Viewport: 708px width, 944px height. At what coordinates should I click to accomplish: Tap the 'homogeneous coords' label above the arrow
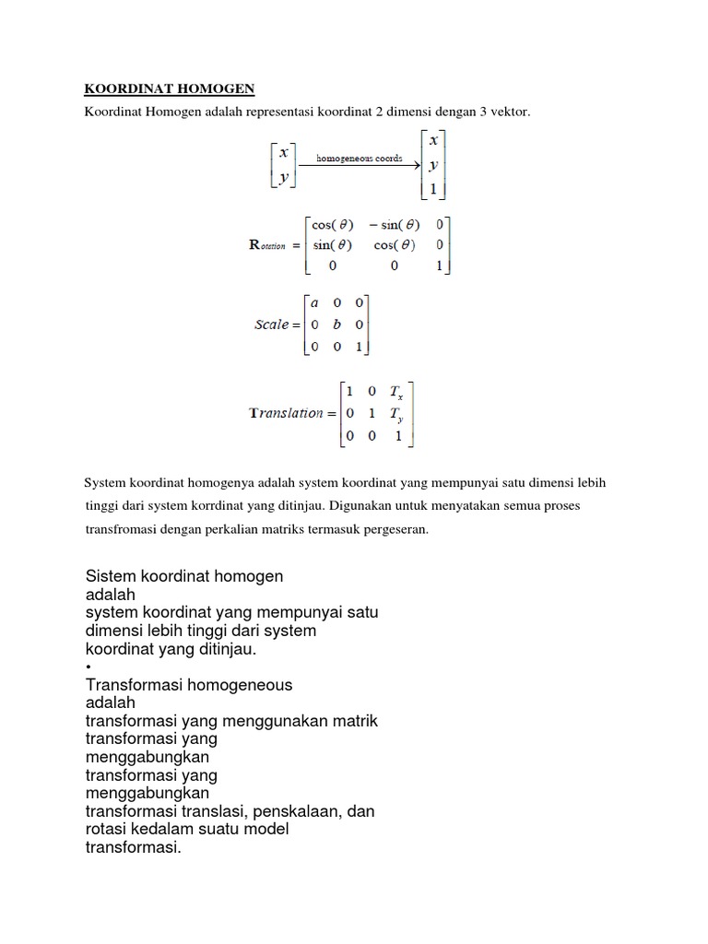(360, 158)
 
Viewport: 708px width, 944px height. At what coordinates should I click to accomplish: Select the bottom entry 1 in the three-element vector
(433, 191)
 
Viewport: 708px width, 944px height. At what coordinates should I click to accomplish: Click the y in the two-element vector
(283, 176)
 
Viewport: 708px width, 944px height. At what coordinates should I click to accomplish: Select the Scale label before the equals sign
(273, 324)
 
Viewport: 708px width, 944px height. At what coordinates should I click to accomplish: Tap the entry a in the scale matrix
(314, 302)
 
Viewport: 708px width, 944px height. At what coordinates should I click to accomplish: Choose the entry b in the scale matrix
(336, 324)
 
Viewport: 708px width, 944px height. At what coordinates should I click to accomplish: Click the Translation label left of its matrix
(287, 413)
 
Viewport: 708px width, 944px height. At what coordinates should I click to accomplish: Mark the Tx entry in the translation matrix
(398, 391)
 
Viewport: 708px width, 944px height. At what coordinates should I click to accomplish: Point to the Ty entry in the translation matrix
(398, 414)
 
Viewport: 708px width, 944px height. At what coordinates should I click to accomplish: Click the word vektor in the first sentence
(511, 112)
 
